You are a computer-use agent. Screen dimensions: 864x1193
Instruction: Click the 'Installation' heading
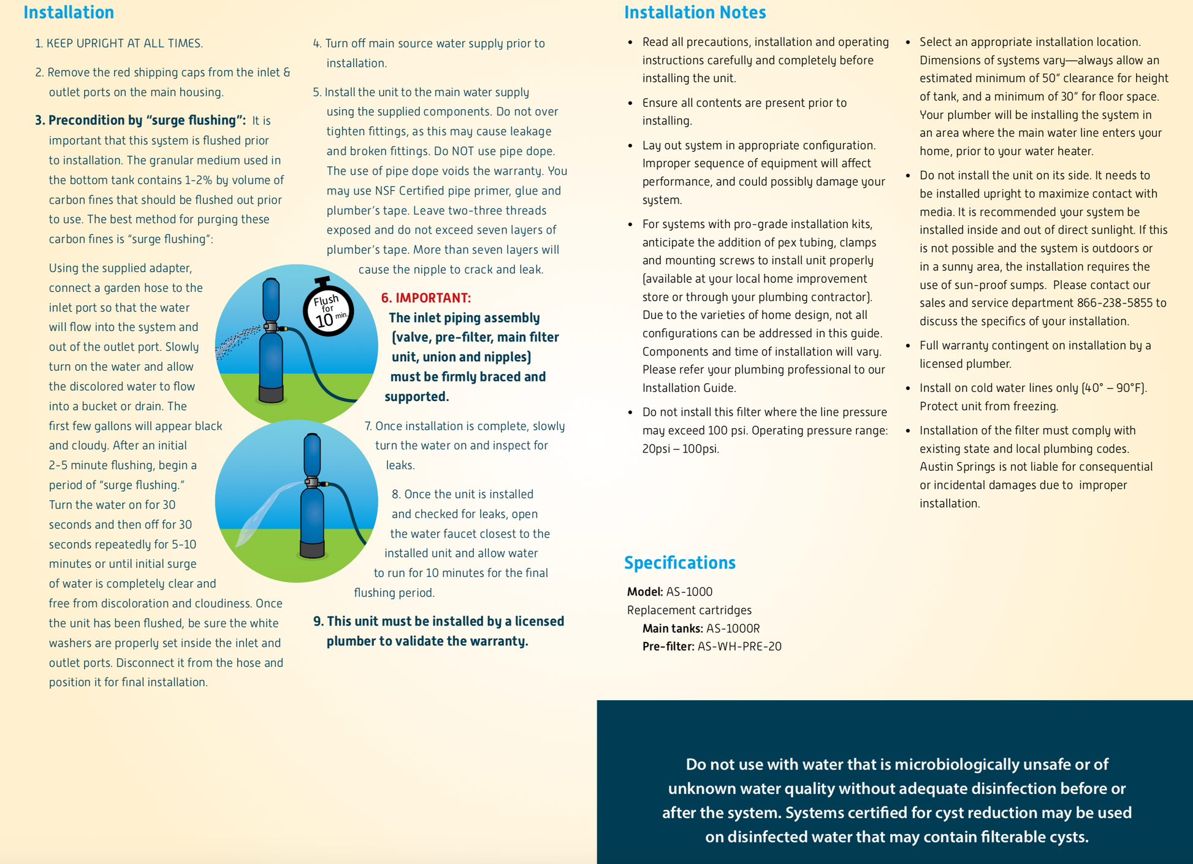click(69, 12)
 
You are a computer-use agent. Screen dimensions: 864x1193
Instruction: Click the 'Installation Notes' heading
click(695, 12)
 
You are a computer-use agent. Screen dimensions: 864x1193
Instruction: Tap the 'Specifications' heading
click(679, 562)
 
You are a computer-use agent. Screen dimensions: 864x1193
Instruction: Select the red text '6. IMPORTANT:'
click(426, 298)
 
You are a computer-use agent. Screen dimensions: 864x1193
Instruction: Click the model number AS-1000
click(689, 592)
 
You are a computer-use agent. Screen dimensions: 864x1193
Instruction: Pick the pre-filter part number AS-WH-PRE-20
click(739, 646)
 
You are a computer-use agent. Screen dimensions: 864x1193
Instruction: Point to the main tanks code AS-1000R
click(733, 629)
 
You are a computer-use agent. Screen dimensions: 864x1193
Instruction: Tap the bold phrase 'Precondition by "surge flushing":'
click(147, 120)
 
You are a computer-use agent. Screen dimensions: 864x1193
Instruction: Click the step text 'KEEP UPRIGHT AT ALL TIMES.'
click(124, 44)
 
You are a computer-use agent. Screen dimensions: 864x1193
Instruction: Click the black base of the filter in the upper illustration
click(271, 394)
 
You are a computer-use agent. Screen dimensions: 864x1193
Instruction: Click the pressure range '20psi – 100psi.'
click(680, 449)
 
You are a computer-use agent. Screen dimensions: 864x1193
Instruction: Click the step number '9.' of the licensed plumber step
click(319, 621)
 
